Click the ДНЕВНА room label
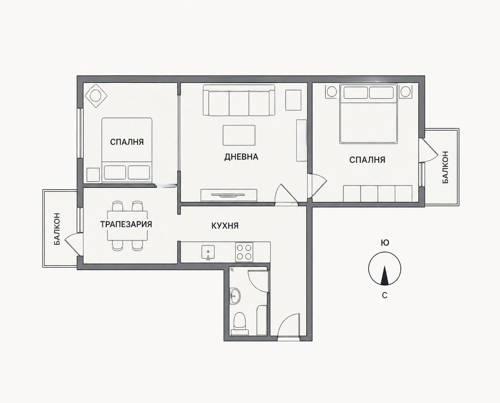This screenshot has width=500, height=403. tap(241, 157)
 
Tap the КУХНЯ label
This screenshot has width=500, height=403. tap(225, 225)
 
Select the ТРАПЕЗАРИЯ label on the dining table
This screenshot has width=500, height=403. tap(126, 224)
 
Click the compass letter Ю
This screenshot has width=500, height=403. tap(385, 243)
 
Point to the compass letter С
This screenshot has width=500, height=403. tap(385, 295)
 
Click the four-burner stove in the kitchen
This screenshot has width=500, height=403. tap(244, 252)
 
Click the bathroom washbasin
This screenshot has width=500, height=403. tap(235, 296)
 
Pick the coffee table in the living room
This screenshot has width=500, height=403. tap(239, 135)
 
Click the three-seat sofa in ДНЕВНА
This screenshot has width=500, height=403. tap(239, 100)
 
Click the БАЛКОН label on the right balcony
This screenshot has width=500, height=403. tap(445, 167)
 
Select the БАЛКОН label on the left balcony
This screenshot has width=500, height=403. tap(57, 229)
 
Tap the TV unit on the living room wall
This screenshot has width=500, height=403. tap(229, 195)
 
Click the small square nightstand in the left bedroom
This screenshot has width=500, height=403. tap(93, 175)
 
